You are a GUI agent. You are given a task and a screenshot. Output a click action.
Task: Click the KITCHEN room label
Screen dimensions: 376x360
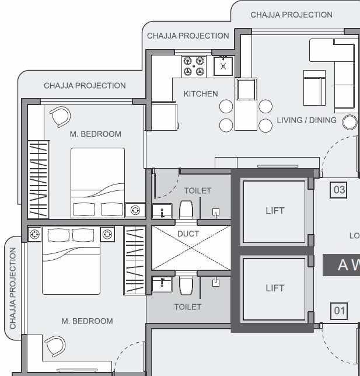coord(200,93)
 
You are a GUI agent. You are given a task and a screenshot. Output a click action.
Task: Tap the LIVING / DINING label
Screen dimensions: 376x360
coord(306,120)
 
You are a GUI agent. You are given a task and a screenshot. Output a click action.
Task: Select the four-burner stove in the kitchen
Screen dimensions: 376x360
coord(194,65)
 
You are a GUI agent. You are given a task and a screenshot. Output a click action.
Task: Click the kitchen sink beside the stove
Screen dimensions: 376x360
coord(223,65)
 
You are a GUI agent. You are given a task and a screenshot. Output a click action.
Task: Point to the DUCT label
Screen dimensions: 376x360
coord(188,234)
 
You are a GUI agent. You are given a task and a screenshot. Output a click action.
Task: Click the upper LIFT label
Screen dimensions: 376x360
coord(274,211)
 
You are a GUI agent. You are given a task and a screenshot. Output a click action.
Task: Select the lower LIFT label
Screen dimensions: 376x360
coord(274,288)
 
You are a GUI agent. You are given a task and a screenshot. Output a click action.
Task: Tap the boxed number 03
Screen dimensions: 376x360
coord(338,190)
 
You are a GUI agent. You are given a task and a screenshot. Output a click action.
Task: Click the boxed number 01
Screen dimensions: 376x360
coord(339,311)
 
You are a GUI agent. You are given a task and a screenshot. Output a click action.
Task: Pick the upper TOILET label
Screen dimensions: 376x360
coord(198,191)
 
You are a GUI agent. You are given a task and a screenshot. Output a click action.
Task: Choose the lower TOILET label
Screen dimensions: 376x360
coord(187,307)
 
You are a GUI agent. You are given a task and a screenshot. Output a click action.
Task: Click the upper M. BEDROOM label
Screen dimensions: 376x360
coord(96,134)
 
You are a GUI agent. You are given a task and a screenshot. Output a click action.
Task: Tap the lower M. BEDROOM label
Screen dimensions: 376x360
coord(88,321)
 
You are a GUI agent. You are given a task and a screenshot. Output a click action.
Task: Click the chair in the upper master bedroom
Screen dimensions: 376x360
coord(60,117)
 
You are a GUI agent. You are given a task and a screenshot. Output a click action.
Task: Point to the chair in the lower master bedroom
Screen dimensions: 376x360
coord(56,346)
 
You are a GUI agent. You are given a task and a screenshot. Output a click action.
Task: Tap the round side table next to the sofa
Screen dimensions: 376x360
coord(349,121)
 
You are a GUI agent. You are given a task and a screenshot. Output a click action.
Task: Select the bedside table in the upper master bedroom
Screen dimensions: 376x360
coord(135,210)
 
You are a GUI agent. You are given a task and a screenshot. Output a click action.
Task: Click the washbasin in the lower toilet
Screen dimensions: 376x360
coord(162,284)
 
